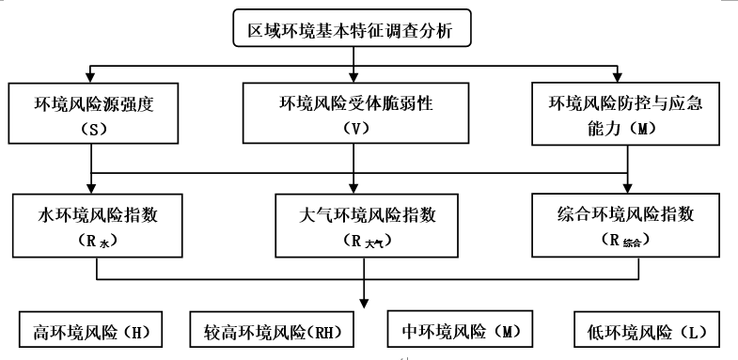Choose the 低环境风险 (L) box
[646, 331]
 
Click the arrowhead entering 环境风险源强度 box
[91, 76]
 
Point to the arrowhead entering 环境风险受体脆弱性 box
[353, 76]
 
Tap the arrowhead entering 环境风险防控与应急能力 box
[617, 75]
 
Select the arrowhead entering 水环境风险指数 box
[91, 186]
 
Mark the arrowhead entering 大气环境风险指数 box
[353, 186]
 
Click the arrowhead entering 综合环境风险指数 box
[627, 186]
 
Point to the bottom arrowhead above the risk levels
[364, 302]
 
